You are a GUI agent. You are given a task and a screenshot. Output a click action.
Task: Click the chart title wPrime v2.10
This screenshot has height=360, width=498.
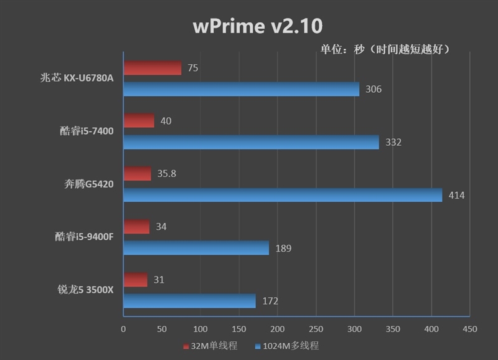click(258, 26)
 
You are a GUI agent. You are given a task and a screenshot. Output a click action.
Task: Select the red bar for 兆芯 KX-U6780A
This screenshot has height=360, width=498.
click(153, 68)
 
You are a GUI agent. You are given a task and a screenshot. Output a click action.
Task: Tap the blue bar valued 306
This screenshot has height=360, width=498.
click(241, 89)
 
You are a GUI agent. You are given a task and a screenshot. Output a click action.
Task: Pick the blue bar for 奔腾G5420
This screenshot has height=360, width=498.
click(283, 195)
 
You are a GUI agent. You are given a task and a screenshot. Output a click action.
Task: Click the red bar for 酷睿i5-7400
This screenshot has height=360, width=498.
click(139, 121)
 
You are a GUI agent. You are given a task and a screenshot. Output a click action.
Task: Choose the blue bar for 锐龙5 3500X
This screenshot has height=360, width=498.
click(189, 301)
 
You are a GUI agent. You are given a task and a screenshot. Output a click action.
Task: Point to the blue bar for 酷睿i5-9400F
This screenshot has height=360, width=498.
click(196, 248)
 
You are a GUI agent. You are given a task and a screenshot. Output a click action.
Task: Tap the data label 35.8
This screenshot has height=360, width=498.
click(166, 174)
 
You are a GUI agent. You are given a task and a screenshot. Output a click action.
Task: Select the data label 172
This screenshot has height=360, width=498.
click(270, 301)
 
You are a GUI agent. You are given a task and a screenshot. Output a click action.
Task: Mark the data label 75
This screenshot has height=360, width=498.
click(192, 68)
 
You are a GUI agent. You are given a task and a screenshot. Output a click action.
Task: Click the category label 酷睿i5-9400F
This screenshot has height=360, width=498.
click(83, 237)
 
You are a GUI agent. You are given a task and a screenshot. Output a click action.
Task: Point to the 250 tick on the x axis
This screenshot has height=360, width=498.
click(316, 329)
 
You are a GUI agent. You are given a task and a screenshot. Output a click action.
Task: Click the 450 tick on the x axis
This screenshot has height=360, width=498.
click(470, 329)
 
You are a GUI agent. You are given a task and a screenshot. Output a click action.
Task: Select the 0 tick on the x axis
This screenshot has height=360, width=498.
click(123, 329)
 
